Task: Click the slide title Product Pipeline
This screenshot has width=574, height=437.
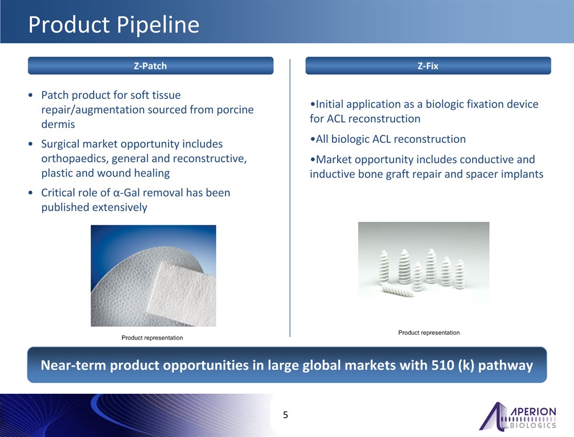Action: pyautogui.click(x=114, y=25)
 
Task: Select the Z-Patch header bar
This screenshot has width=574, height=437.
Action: pyautogui.click(x=150, y=66)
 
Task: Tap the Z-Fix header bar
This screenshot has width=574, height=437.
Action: pyautogui.click(x=428, y=66)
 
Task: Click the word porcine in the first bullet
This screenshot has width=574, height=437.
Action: pyautogui.click(x=235, y=110)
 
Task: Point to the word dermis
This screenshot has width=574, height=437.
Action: pyautogui.click(x=58, y=125)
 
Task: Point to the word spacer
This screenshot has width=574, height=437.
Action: pyautogui.click(x=482, y=175)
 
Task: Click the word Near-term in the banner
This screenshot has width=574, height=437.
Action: pyautogui.click(x=73, y=365)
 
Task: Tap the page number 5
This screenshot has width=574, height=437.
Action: pyautogui.click(x=285, y=415)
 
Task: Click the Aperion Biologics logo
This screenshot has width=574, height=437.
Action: pyautogui.click(x=518, y=416)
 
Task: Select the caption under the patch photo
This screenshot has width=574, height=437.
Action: pyautogui.click(x=152, y=338)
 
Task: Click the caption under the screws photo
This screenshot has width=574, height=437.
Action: pyautogui.click(x=429, y=333)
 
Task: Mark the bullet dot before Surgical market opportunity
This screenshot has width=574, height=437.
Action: pyautogui.click(x=30, y=144)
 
